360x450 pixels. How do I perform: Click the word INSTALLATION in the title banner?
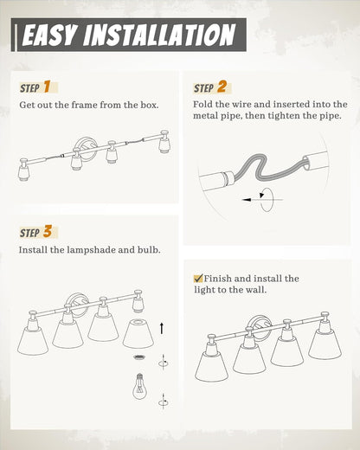coord(159,35)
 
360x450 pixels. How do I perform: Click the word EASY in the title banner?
coord(50,35)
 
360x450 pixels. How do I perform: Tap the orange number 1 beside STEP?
coord(47,87)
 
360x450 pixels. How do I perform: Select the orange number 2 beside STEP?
coord(222,87)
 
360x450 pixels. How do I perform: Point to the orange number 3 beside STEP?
coord(48,232)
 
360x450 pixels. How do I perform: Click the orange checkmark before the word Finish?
coord(198,279)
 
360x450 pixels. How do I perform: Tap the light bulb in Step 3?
coord(139,386)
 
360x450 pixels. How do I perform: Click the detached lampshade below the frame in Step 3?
coord(138,333)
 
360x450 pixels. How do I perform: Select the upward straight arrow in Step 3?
coord(162,329)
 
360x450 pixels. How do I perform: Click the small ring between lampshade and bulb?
coord(139,357)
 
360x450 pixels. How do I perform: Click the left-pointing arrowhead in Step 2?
coord(246,200)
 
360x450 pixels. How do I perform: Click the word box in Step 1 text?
coord(150,105)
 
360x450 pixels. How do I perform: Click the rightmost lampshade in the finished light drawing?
coord(325,344)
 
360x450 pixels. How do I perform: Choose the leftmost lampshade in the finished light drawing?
coord(212,365)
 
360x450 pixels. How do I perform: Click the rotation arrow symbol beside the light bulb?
coord(164,402)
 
